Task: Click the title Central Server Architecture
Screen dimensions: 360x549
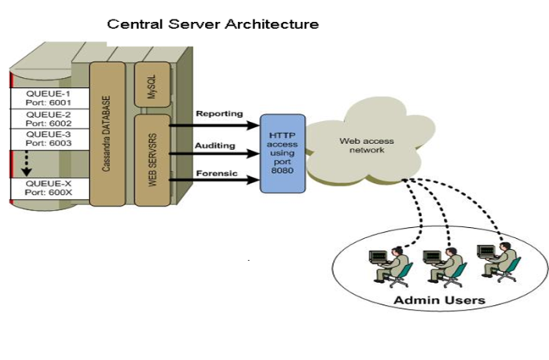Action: (x=213, y=24)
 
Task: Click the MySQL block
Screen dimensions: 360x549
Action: (x=152, y=83)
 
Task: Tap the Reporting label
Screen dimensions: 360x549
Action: (x=219, y=115)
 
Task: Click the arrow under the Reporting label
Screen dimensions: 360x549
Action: (x=216, y=124)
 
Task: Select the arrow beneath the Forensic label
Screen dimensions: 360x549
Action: (x=216, y=180)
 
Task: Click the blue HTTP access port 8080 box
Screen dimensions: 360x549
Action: (x=283, y=152)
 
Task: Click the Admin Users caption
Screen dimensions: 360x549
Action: (x=439, y=299)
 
